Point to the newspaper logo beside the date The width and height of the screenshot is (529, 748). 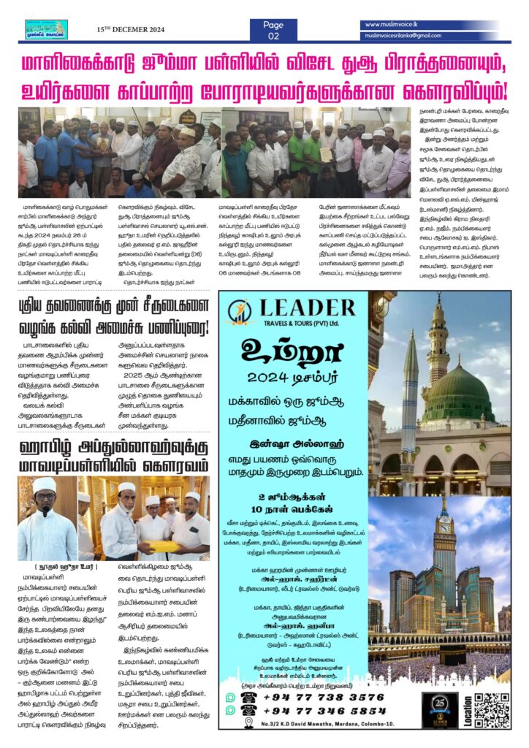tap(46, 29)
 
